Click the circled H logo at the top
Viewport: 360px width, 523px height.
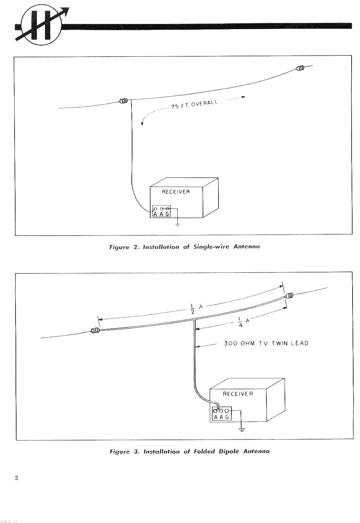point(41,25)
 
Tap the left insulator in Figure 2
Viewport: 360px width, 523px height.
point(123,101)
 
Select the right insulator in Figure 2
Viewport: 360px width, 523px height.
point(300,68)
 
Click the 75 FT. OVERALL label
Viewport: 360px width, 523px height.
point(194,104)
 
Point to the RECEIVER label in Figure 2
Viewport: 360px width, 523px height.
point(176,192)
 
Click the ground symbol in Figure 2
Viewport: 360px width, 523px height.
point(178,225)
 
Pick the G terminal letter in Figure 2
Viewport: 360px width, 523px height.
point(167,214)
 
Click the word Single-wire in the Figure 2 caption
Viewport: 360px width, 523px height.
point(211,247)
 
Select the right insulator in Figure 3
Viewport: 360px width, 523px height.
point(289,296)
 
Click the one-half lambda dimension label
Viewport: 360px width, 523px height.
point(197,309)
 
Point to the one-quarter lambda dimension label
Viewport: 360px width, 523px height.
point(244,322)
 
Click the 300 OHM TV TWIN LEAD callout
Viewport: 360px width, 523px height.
point(266,343)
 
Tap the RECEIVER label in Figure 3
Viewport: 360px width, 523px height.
point(238,394)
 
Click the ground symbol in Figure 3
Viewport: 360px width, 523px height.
point(242,429)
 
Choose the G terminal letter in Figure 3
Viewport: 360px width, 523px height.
point(227,417)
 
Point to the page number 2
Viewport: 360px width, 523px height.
point(17,478)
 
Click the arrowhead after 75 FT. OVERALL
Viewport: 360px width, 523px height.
point(243,97)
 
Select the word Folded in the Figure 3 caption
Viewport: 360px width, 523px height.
point(204,451)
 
